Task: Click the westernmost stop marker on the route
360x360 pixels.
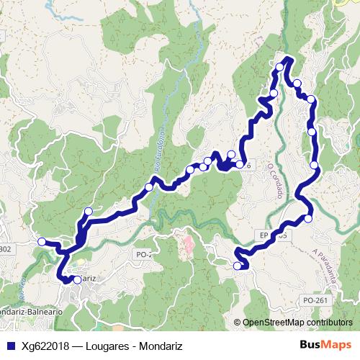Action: tap(42, 242)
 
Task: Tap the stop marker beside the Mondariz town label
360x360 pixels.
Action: tap(77, 279)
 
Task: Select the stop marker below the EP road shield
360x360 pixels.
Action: tap(238, 266)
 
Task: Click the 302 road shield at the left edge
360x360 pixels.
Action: tap(6, 249)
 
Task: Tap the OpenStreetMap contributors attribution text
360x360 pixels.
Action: tap(297, 323)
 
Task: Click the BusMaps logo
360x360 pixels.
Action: tap(325, 346)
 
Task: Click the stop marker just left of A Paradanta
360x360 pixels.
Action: tap(308, 218)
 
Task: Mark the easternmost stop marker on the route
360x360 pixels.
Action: tap(315, 166)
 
